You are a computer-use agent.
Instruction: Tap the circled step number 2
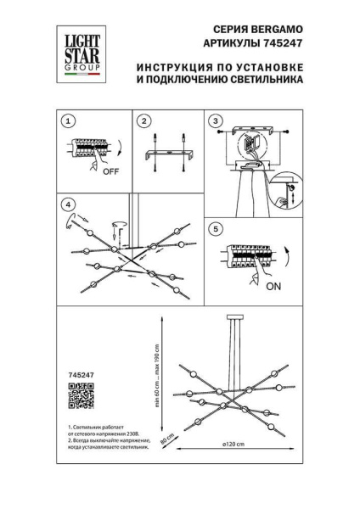[x=144, y=120]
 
